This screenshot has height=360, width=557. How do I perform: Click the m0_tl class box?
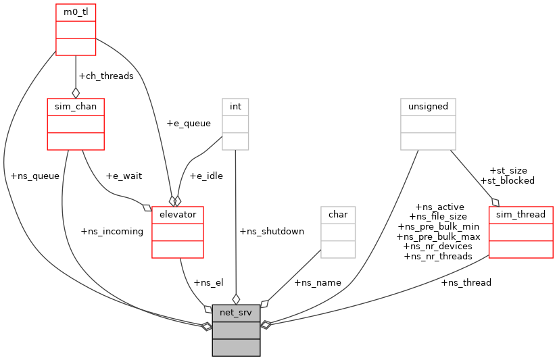click(x=76, y=29)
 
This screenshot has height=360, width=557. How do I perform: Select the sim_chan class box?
click(x=76, y=124)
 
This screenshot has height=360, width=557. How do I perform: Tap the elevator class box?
click(x=178, y=232)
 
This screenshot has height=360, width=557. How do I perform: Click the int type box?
click(x=235, y=124)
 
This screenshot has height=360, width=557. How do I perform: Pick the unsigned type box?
click(x=429, y=124)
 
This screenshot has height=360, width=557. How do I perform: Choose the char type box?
click(x=338, y=232)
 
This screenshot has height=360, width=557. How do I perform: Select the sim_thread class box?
click(x=520, y=232)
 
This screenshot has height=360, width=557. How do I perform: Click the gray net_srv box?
click(x=236, y=330)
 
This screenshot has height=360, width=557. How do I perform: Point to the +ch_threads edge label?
click(x=106, y=76)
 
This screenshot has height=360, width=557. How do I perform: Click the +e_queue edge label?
click(x=189, y=124)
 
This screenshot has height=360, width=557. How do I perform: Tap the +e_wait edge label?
click(x=124, y=176)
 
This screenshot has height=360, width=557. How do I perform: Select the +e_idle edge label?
click(x=206, y=176)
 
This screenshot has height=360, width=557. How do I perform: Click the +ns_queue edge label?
click(x=35, y=176)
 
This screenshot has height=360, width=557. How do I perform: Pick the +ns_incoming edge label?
click(x=112, y=231)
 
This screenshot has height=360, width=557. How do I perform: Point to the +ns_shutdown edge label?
click(x=272, y=231)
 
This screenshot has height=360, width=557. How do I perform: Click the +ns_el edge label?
click(x=208, y=282)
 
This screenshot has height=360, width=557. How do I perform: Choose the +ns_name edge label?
click(x=318, y=282)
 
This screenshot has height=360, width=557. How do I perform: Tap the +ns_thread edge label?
click(x=466, y=282)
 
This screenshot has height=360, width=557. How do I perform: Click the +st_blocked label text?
click(x=507, y=180)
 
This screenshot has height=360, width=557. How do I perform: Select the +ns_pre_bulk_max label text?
click(x=438, y=236)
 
